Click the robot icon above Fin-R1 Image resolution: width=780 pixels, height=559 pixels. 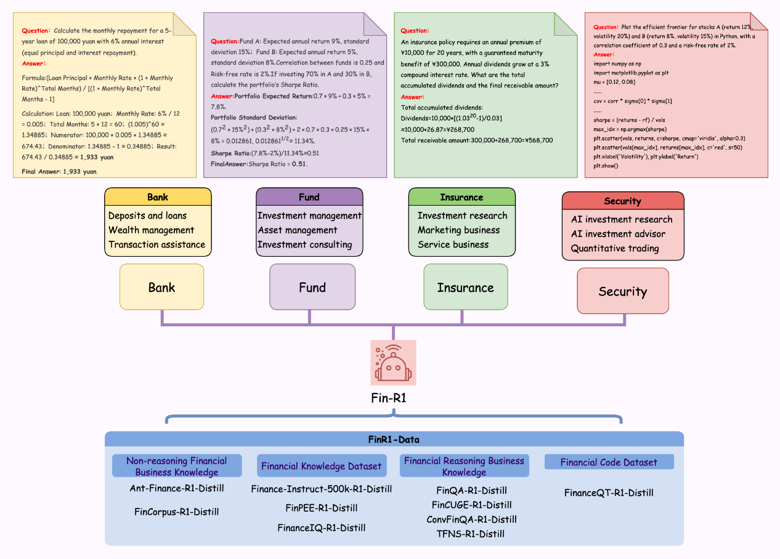pos(393,363)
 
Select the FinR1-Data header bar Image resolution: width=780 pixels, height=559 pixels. pos(394,439)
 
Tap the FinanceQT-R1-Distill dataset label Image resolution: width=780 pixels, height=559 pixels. pos(609,493)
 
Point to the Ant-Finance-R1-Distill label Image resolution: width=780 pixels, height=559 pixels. pos(177,488)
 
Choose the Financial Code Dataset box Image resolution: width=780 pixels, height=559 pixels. pos(609,462)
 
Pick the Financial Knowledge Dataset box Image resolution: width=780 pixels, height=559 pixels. pos(321,466)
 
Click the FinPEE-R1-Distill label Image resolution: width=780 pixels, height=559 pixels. pos(321,508)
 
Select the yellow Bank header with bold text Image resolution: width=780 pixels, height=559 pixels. pos(158,197)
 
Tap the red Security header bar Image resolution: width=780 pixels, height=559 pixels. pos(622,201)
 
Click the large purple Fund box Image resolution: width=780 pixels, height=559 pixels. pos(312,287)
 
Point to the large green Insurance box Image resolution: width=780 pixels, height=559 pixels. pos(465,287)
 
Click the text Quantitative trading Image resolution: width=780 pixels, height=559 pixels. pos(615,249)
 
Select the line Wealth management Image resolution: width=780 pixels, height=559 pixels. pos(151,230)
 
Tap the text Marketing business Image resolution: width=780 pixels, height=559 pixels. pos(458,230)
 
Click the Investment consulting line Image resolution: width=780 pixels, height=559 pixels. pos(304,244)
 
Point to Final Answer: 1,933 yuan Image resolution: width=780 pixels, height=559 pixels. pos(60,172)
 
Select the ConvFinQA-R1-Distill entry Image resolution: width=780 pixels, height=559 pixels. pos(471,520)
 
